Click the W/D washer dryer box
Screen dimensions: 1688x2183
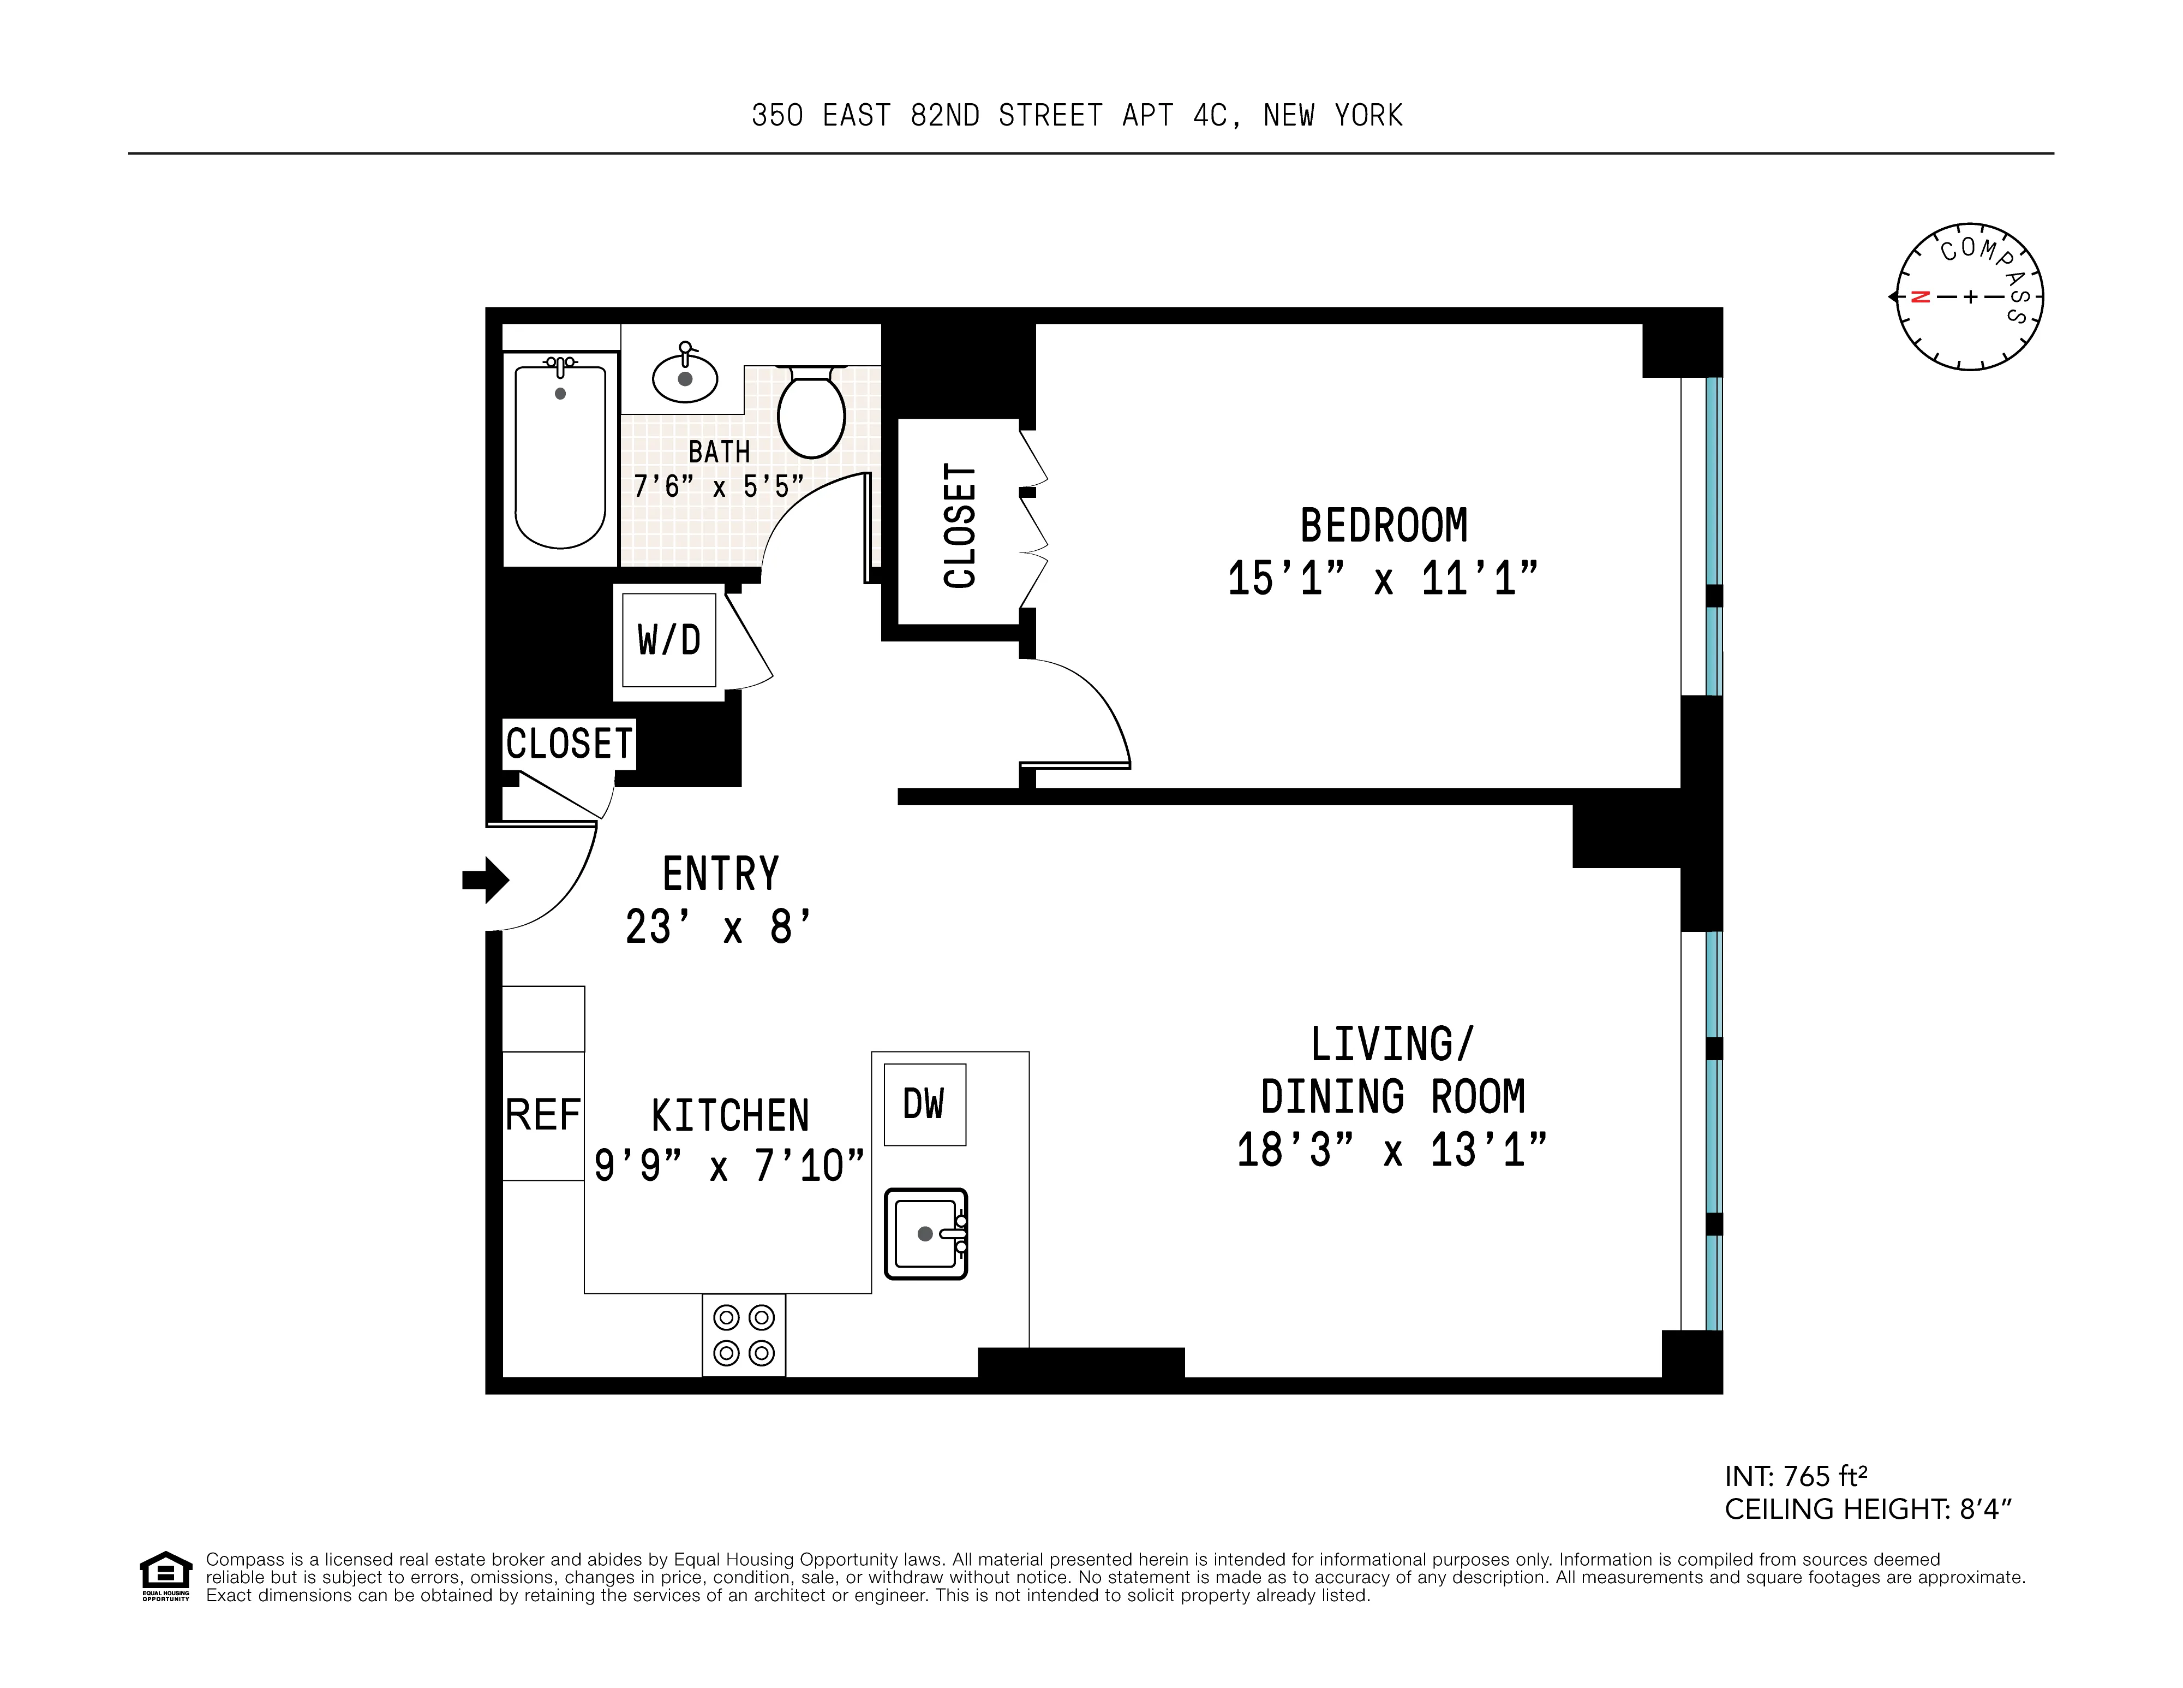pos(669,640)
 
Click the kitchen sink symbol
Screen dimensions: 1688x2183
pos(925,1233)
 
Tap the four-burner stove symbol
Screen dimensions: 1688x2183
pos(744,1335)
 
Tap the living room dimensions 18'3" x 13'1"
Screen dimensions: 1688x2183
pos(1391,1150)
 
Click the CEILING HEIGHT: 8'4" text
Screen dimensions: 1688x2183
pos(1867,1509)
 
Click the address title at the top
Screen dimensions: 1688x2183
pos(1076,116)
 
